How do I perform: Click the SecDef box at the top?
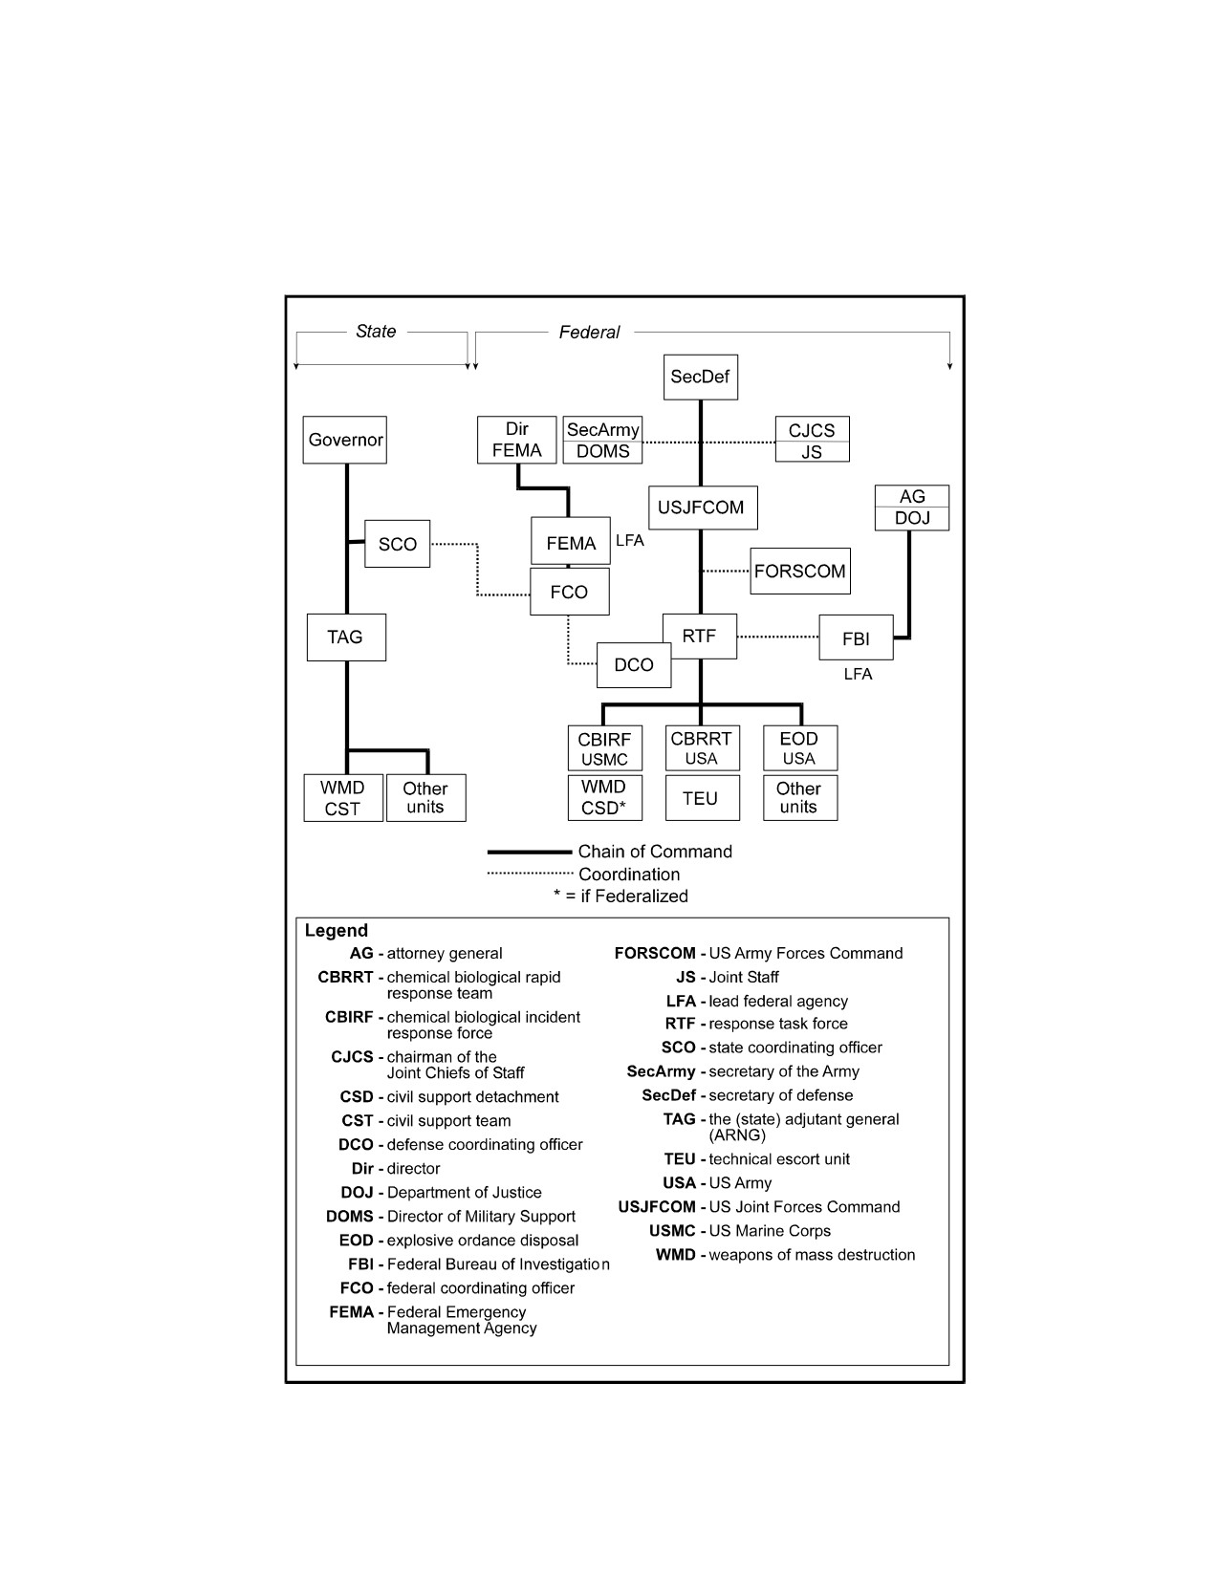coord(700,377)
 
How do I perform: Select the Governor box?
coord(345,440)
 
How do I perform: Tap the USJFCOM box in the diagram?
coord(703,508)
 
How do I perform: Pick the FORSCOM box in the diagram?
coord(800,572)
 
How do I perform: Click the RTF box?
coord(700,637)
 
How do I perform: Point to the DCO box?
coord(634,665)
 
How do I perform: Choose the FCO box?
coord(569,593)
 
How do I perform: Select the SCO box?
coord(397,544)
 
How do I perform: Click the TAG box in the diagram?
coord(346,637)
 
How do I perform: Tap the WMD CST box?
coord(343,798)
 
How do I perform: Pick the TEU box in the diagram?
coord(703,798)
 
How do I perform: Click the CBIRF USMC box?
coord(605,748)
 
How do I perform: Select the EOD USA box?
coord(800,748)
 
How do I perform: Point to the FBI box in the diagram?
coord(856,637)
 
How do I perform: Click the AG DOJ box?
coord(912,508)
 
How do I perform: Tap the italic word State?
coord(376,332)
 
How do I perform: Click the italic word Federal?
coord(590,333)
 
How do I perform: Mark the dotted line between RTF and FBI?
coord(778,637)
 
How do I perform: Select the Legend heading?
coord(337,930)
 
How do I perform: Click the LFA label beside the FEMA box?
coord(629,541)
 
